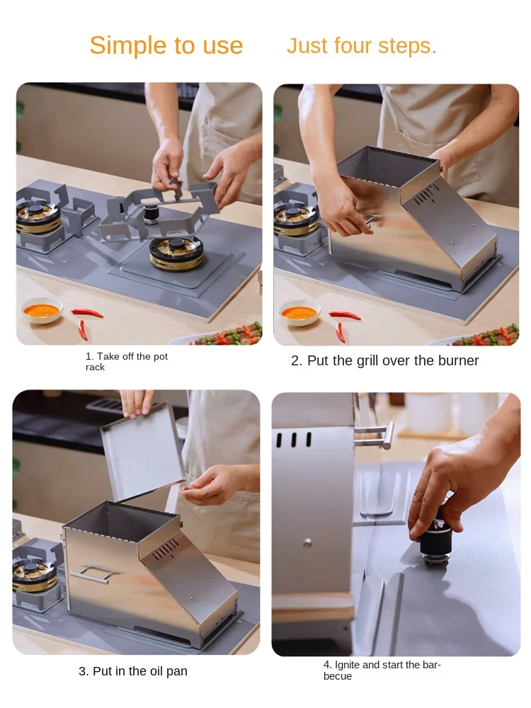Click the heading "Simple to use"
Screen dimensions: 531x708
coord(166,45)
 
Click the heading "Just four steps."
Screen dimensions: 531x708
coord(362,46)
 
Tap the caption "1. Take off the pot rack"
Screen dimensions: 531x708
coord(127,362)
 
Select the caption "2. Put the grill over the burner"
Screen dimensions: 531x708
coord(384,361)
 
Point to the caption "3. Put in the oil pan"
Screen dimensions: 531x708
coord(133,671)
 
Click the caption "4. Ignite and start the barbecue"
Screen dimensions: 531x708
coord(382,670)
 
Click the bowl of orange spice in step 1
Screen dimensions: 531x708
coord(42,310)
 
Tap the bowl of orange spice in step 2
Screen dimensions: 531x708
coord(299,312)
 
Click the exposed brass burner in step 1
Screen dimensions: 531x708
coord(176,253)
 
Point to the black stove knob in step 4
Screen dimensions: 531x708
coord(435,540)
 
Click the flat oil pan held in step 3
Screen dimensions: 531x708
coord(143,452)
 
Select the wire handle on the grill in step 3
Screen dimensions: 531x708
coord(91,573)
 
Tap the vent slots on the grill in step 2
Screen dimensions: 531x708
coord(426,194)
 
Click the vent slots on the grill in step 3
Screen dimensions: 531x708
coord(166,549)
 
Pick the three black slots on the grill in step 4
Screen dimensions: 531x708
coord(294,440)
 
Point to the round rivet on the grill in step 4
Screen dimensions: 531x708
coord(307,542)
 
